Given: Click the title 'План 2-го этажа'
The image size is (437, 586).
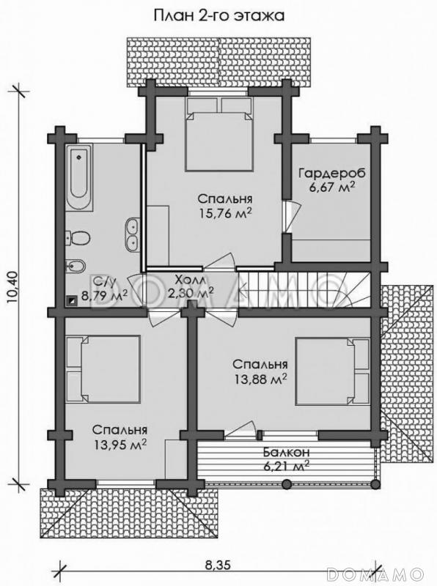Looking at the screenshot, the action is (219, 15).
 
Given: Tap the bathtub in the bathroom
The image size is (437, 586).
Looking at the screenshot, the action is (79, 178).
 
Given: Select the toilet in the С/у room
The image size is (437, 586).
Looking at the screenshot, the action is (78, 238).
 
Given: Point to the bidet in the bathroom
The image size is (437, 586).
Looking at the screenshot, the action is (76, 267).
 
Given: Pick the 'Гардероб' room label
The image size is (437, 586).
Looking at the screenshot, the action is (332, 174).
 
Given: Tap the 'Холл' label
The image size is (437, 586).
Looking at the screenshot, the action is (190, 280).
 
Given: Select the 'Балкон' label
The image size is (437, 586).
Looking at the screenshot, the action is (286, 452).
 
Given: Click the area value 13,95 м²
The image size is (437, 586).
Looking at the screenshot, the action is (120, 445).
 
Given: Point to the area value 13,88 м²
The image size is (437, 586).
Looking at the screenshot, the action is (261, 379).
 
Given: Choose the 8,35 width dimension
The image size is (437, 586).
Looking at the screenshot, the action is (218, 565).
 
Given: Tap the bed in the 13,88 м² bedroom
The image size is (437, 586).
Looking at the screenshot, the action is (333, 371).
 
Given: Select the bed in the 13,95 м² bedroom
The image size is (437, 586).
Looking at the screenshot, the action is (103, 368).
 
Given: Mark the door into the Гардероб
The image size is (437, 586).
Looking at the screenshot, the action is (290, 217).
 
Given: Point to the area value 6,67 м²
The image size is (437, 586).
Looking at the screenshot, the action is (332, 188).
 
